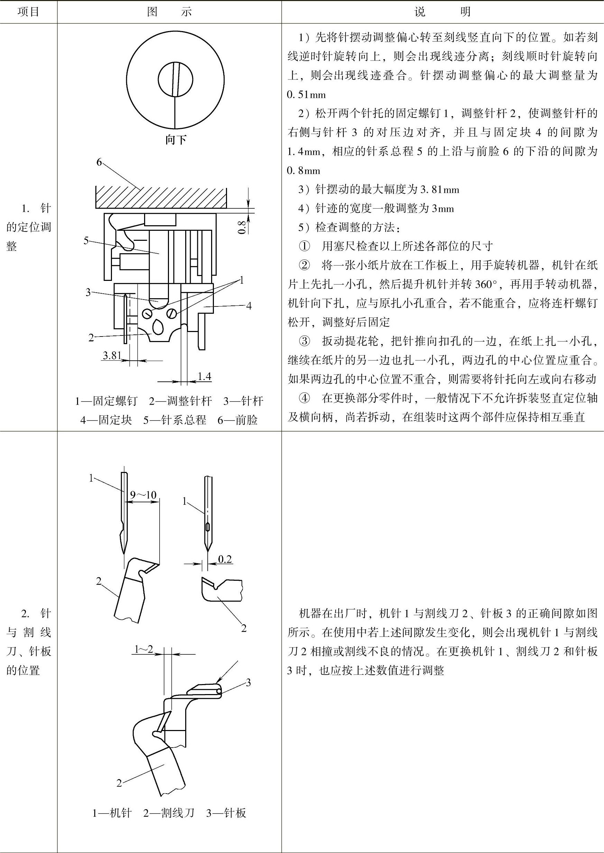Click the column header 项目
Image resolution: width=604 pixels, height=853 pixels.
pyautogui.click(x=28, y=11)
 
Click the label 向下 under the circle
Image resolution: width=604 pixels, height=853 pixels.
pyautogui.click(x=176, y=140)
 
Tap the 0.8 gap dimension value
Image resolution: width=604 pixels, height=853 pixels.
pyautogui.click(x=242, y=227)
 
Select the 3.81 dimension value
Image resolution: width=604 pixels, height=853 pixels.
pyautogui.click(x=112, y=355)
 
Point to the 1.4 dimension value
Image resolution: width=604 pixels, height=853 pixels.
pyautogui.click(x=204, y=376)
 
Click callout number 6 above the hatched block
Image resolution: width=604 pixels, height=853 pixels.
pyautogui.click(x=99, y=162)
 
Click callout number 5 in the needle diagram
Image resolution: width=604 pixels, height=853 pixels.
pyautogui.click(x=86, y=240)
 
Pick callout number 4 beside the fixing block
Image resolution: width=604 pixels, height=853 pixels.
pyautogui.click(x=249, y=306)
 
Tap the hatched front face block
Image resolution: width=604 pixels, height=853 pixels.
pyautogui.click(x=161, y=197)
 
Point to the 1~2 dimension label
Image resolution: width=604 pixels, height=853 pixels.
pyautogui.click(x=143, y=649)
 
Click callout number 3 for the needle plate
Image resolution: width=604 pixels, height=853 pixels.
pyautogui.click(x=248, y=682)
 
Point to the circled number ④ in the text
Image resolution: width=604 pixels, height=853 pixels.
pyautogui.click(x=304, y=398)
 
